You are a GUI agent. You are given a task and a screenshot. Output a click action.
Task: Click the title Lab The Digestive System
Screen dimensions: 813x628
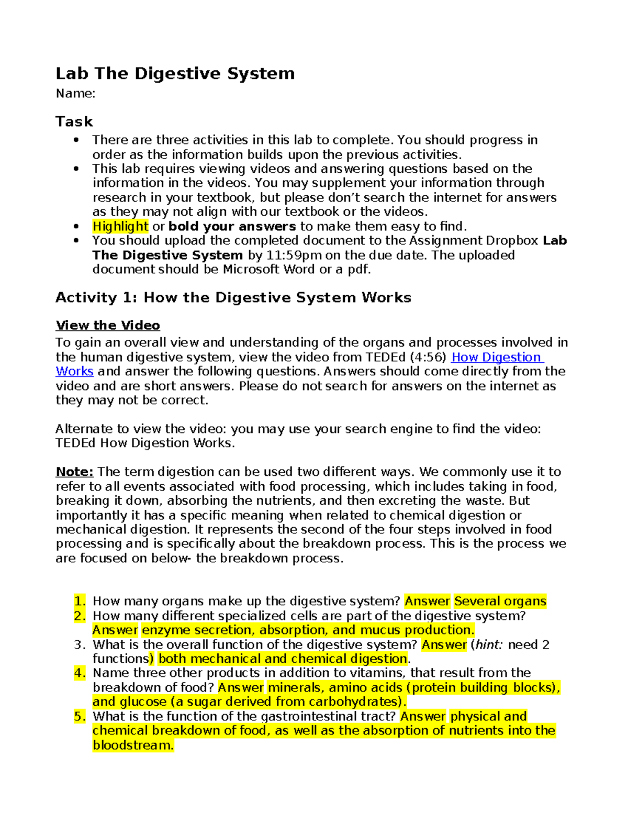[x=175, y=73]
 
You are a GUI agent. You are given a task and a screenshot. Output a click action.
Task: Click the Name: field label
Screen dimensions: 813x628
[x=75, y=94]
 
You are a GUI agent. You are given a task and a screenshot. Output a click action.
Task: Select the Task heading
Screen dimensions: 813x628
[x=74, y=121]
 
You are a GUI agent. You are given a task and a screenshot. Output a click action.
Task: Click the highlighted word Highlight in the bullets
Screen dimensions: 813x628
[x=120, y=226]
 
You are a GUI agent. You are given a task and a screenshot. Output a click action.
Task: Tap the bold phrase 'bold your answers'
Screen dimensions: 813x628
[x=232, y=226]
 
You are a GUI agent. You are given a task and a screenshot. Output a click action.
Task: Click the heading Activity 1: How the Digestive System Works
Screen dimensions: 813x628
[x=233, y=297]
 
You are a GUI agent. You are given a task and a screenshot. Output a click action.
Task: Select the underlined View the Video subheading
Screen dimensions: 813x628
[x=107, y=325]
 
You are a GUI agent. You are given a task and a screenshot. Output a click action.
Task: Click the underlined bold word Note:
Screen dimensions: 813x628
[x=74, y=472]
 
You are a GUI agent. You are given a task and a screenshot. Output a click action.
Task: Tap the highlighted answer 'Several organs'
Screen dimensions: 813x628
[x=500, y=601]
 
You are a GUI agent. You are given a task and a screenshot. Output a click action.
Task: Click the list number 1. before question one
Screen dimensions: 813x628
[x=80, y=601]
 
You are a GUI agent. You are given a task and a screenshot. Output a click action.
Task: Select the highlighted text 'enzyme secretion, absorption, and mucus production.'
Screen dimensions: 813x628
[x=308, y=630]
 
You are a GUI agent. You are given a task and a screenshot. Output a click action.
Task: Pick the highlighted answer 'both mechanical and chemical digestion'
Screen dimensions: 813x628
[x=283, y=659]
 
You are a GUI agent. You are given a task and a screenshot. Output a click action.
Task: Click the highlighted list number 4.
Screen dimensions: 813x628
[x=80, y=673]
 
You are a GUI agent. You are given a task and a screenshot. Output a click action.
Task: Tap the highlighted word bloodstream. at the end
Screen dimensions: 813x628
[x=133, y=745]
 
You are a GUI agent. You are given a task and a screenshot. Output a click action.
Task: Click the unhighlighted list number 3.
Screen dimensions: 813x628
[x=80, y=644]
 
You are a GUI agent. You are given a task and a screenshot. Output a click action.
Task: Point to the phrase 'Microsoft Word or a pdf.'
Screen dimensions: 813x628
[x=297, y=269]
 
